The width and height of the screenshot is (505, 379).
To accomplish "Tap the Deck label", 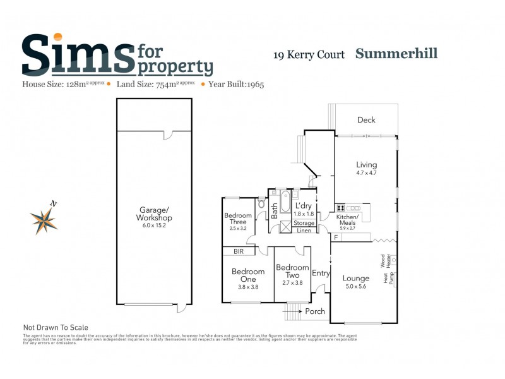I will pos(366,120).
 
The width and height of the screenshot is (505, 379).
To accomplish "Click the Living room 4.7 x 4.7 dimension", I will pos(366,173).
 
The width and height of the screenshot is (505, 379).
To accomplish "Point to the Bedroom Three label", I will pos(239,219).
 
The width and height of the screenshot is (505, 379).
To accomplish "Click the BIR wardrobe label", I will pos(239,251).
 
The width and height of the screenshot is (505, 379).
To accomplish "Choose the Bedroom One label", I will pos(248,275).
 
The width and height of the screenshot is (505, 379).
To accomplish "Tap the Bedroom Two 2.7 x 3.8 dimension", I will pos(292,283).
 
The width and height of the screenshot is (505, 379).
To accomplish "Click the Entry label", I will pos(321,273).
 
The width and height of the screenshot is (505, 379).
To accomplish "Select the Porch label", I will pos(315,311).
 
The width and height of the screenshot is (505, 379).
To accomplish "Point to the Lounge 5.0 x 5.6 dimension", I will pos(356,287).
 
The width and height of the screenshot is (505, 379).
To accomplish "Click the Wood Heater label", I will pos(383,260).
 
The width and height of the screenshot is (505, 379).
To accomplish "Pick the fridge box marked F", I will pos(336,238).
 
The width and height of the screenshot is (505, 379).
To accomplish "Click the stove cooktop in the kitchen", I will pos(340,208).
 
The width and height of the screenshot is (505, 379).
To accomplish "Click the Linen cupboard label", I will pos(304,231).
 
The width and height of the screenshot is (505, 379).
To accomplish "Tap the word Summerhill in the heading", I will pos(396,53).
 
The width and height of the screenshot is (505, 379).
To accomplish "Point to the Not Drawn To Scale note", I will pos(56,327).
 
